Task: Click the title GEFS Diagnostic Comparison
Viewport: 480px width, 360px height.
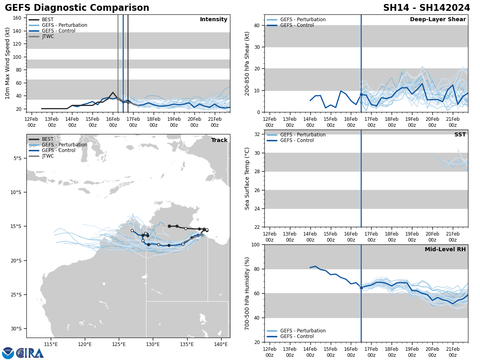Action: pos(77,8)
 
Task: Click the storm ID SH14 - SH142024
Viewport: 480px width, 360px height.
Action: pos(426,8)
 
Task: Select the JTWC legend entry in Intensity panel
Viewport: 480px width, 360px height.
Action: pos(48,36)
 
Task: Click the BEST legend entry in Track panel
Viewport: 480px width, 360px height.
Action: pos(48,139)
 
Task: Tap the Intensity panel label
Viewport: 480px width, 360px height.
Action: pos(214,20)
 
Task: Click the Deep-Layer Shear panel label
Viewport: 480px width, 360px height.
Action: pos(438,20)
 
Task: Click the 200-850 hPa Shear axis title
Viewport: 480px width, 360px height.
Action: pos(247,63)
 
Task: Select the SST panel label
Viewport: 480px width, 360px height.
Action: pos(460,135)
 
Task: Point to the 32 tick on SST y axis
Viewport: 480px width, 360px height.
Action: pos(258,134)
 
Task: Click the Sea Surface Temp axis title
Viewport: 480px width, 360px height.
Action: pos(247,178)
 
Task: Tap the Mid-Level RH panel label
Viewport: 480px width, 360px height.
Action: pos(445,250)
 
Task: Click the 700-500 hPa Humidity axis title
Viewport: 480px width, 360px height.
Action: pos(247,293)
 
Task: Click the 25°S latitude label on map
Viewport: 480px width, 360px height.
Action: pos(16,295)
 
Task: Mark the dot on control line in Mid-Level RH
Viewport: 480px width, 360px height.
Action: pos(361,288)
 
